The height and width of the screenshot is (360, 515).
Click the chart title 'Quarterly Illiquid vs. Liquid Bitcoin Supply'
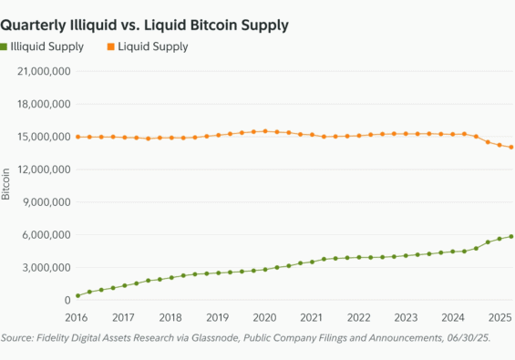click(145, 26)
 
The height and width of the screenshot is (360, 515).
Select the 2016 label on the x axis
click(77, 317)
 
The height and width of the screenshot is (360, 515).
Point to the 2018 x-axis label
click(170, 317)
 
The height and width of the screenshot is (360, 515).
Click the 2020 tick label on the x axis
click(264, 317)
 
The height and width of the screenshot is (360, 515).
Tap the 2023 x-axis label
click(404, 317)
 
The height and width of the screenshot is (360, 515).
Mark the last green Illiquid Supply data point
click(511, 237)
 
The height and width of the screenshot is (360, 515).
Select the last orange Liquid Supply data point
click(511, 147)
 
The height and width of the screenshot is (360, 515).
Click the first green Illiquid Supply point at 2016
click(77, 295)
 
